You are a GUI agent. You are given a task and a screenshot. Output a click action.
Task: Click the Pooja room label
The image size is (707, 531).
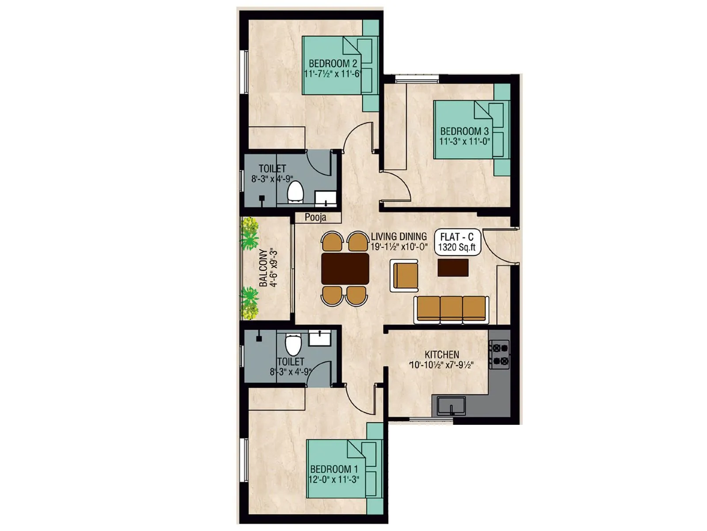315,217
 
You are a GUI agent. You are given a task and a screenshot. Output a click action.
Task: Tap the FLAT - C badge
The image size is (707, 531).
457,242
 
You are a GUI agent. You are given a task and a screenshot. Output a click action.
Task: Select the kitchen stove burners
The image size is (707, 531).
500,354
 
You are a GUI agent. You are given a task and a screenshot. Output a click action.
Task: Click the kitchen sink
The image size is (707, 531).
451,405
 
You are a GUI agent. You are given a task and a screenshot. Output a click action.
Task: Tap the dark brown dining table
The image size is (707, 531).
345,269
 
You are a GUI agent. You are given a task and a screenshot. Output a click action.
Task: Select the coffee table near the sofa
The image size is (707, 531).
453,268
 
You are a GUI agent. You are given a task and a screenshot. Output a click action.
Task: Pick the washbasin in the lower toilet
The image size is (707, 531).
319,338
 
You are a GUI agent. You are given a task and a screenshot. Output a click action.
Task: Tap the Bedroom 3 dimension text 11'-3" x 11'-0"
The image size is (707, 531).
465,142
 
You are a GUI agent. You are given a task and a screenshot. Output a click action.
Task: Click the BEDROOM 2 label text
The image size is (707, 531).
333,64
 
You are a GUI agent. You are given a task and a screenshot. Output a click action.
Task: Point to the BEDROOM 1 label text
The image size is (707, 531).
334,469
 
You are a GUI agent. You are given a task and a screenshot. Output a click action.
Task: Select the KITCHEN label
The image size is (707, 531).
441,354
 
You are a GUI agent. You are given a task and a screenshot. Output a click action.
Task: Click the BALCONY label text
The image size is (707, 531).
263,268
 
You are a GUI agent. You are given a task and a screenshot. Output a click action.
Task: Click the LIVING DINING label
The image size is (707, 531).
399,236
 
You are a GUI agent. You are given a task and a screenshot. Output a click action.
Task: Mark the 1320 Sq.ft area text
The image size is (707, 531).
457,247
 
